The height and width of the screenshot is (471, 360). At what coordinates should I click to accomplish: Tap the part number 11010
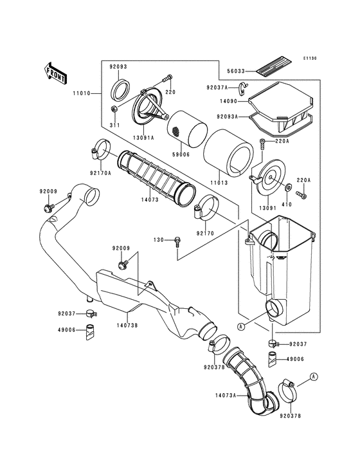[x=82, y=93]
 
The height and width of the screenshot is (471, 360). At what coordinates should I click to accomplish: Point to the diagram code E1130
[x=310, y=59]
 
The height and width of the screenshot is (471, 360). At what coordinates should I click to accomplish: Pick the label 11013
[x=220, y=173]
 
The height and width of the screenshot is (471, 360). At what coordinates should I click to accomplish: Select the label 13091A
[x=142, y=136]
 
